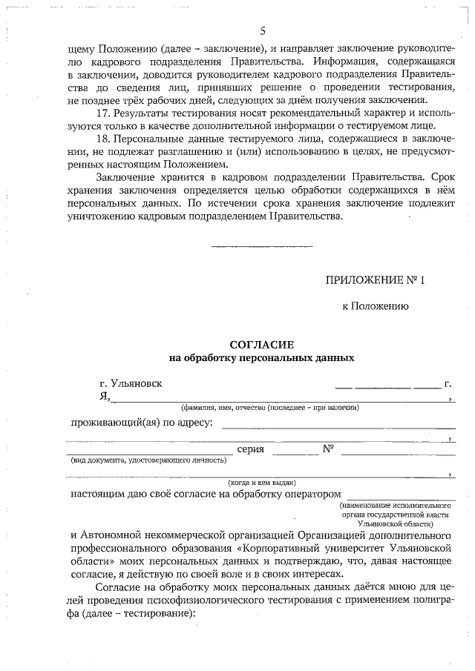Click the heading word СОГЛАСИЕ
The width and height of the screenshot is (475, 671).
point(262,345)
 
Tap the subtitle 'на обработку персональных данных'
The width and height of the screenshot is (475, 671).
point(262,357)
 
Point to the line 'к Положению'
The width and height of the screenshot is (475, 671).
point(374,305)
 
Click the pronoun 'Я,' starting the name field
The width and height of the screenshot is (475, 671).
point(105,397)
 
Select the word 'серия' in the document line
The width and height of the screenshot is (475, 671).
point(251,449)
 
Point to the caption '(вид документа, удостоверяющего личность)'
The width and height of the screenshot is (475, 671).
point(148,460)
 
